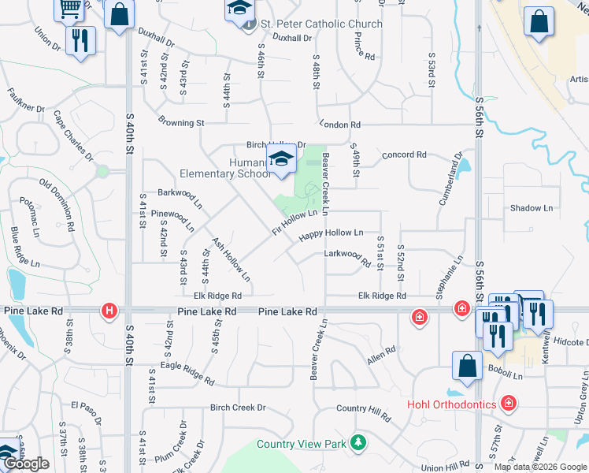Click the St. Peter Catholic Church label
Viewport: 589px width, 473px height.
[321, 24]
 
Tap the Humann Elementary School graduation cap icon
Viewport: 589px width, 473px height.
[281, 159]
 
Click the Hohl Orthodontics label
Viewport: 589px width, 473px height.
[452, 404]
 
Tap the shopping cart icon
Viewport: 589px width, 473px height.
[69, 8]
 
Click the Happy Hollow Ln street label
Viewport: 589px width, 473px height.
[331, 233]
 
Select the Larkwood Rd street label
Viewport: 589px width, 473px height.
[347, 255]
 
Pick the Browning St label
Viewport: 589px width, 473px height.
[181, 123]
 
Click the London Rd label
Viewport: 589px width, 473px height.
[340, 125]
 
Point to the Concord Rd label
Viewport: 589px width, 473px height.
[404, 155]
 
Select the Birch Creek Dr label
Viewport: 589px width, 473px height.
[238, 408]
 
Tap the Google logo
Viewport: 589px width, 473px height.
[25, 464]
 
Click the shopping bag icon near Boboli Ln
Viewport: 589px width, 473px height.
[467, 367]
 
